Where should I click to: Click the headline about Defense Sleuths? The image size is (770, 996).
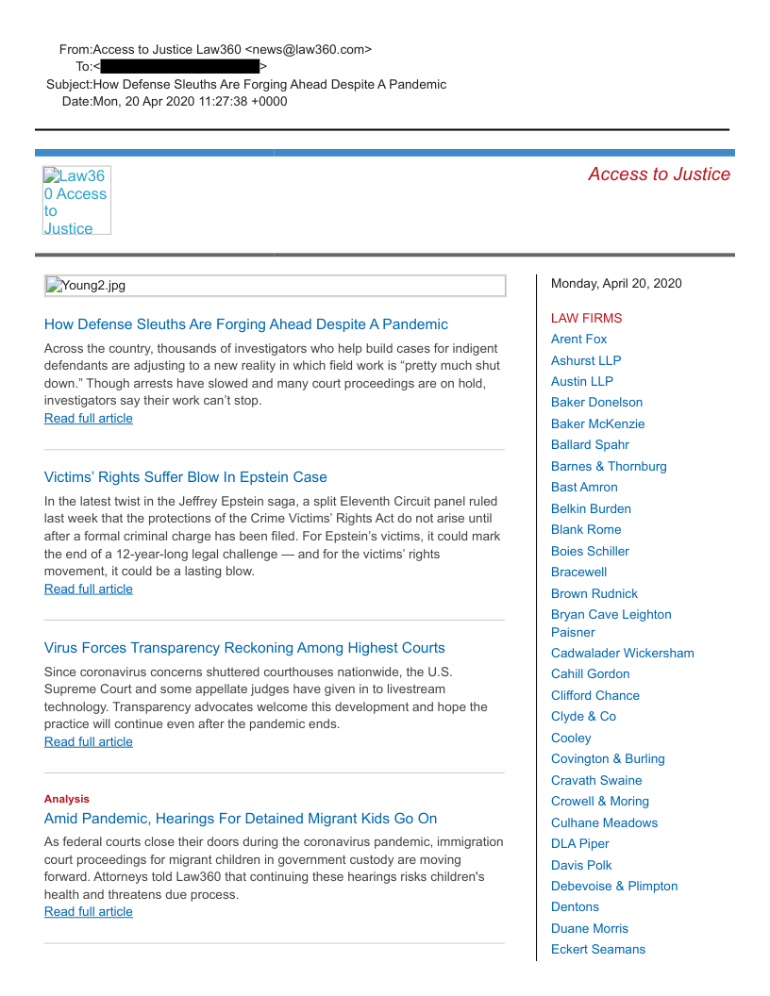click(245, 324)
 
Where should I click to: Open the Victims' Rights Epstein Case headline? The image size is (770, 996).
click(185, 477)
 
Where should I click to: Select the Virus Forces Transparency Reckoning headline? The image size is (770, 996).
click(244, 648)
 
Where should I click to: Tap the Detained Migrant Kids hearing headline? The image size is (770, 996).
click(241, 819)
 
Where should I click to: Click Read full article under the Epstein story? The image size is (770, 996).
click(89, 589)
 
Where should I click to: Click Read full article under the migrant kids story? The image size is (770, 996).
click(89, 912)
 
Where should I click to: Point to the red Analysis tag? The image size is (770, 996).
click(67, 799)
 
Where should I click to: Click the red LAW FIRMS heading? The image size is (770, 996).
click(586, 319)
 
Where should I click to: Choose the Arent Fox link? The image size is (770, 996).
click(578, 340)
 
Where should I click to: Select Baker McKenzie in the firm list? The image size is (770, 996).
click(597, 424)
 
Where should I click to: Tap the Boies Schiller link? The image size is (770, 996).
click(590, 551)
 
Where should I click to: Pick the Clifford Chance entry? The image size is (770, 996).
click(594, 695)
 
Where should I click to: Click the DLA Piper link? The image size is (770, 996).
click(579, 843)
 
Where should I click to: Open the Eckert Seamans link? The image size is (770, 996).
click(598, 949)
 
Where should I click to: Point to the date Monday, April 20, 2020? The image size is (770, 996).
click(615, 284)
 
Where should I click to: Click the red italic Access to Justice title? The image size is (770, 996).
click(659, 174)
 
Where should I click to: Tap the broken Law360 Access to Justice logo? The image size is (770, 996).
click(76, 201)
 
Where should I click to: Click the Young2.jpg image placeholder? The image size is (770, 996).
click(275, 286)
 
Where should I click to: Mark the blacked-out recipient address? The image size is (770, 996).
click(179, 67)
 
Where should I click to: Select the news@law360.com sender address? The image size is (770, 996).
click(309, 49)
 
